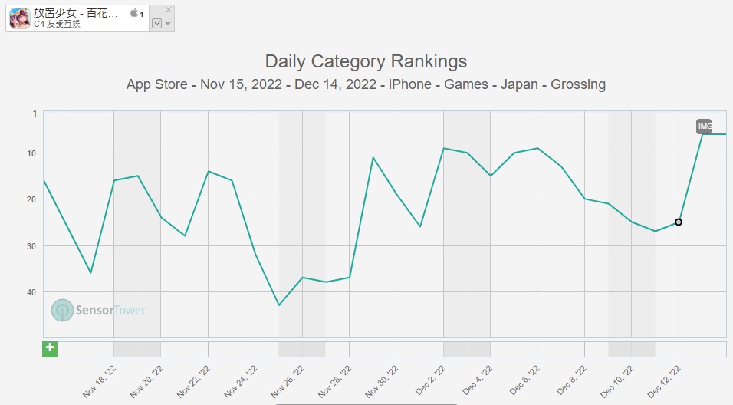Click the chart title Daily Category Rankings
tap(366, 61)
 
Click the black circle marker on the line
tap(679, 222)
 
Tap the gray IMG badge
tap(704, 127)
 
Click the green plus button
tap(50, 348)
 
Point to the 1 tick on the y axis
tap(35, 113)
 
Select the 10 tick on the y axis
tap(32, 153)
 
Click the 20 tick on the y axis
tap(32, 199)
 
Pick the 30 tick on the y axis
tap(32, 246)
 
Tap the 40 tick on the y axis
tap(32, 292)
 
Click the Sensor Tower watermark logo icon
tap(63, 310)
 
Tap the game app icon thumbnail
tap(20, 18)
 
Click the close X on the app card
tap(169, 9)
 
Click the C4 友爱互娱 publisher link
tap(57, 24)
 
